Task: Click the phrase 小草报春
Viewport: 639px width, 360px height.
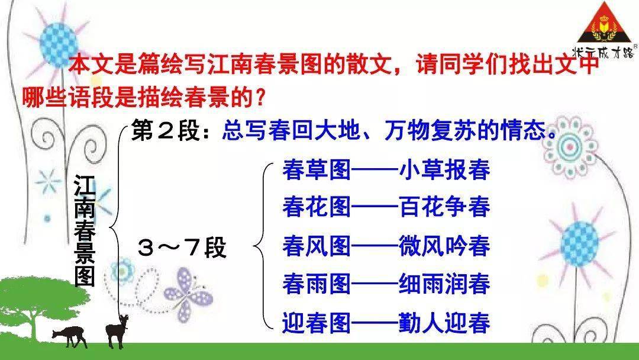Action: [444, 169]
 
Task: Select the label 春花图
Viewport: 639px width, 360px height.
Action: [317, 207]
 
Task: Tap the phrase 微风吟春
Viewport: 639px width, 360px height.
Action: [444, 246]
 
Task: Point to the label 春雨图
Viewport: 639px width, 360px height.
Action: [317, 284]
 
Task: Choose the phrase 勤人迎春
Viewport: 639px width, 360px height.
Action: [444, 323]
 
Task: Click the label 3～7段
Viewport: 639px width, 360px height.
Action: [182, 247]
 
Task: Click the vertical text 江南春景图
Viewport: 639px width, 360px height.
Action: [85, 230]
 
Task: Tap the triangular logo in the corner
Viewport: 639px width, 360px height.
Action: [605, 28]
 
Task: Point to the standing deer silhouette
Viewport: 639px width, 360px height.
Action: [117, 331]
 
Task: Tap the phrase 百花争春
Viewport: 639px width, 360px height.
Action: [444, 207]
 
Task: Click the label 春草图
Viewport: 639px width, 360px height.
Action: [317, 169]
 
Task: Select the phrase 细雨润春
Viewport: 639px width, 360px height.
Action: [444, 284]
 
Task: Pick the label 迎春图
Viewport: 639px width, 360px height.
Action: [317, 323]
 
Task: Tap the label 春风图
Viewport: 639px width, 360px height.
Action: [317, 246]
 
